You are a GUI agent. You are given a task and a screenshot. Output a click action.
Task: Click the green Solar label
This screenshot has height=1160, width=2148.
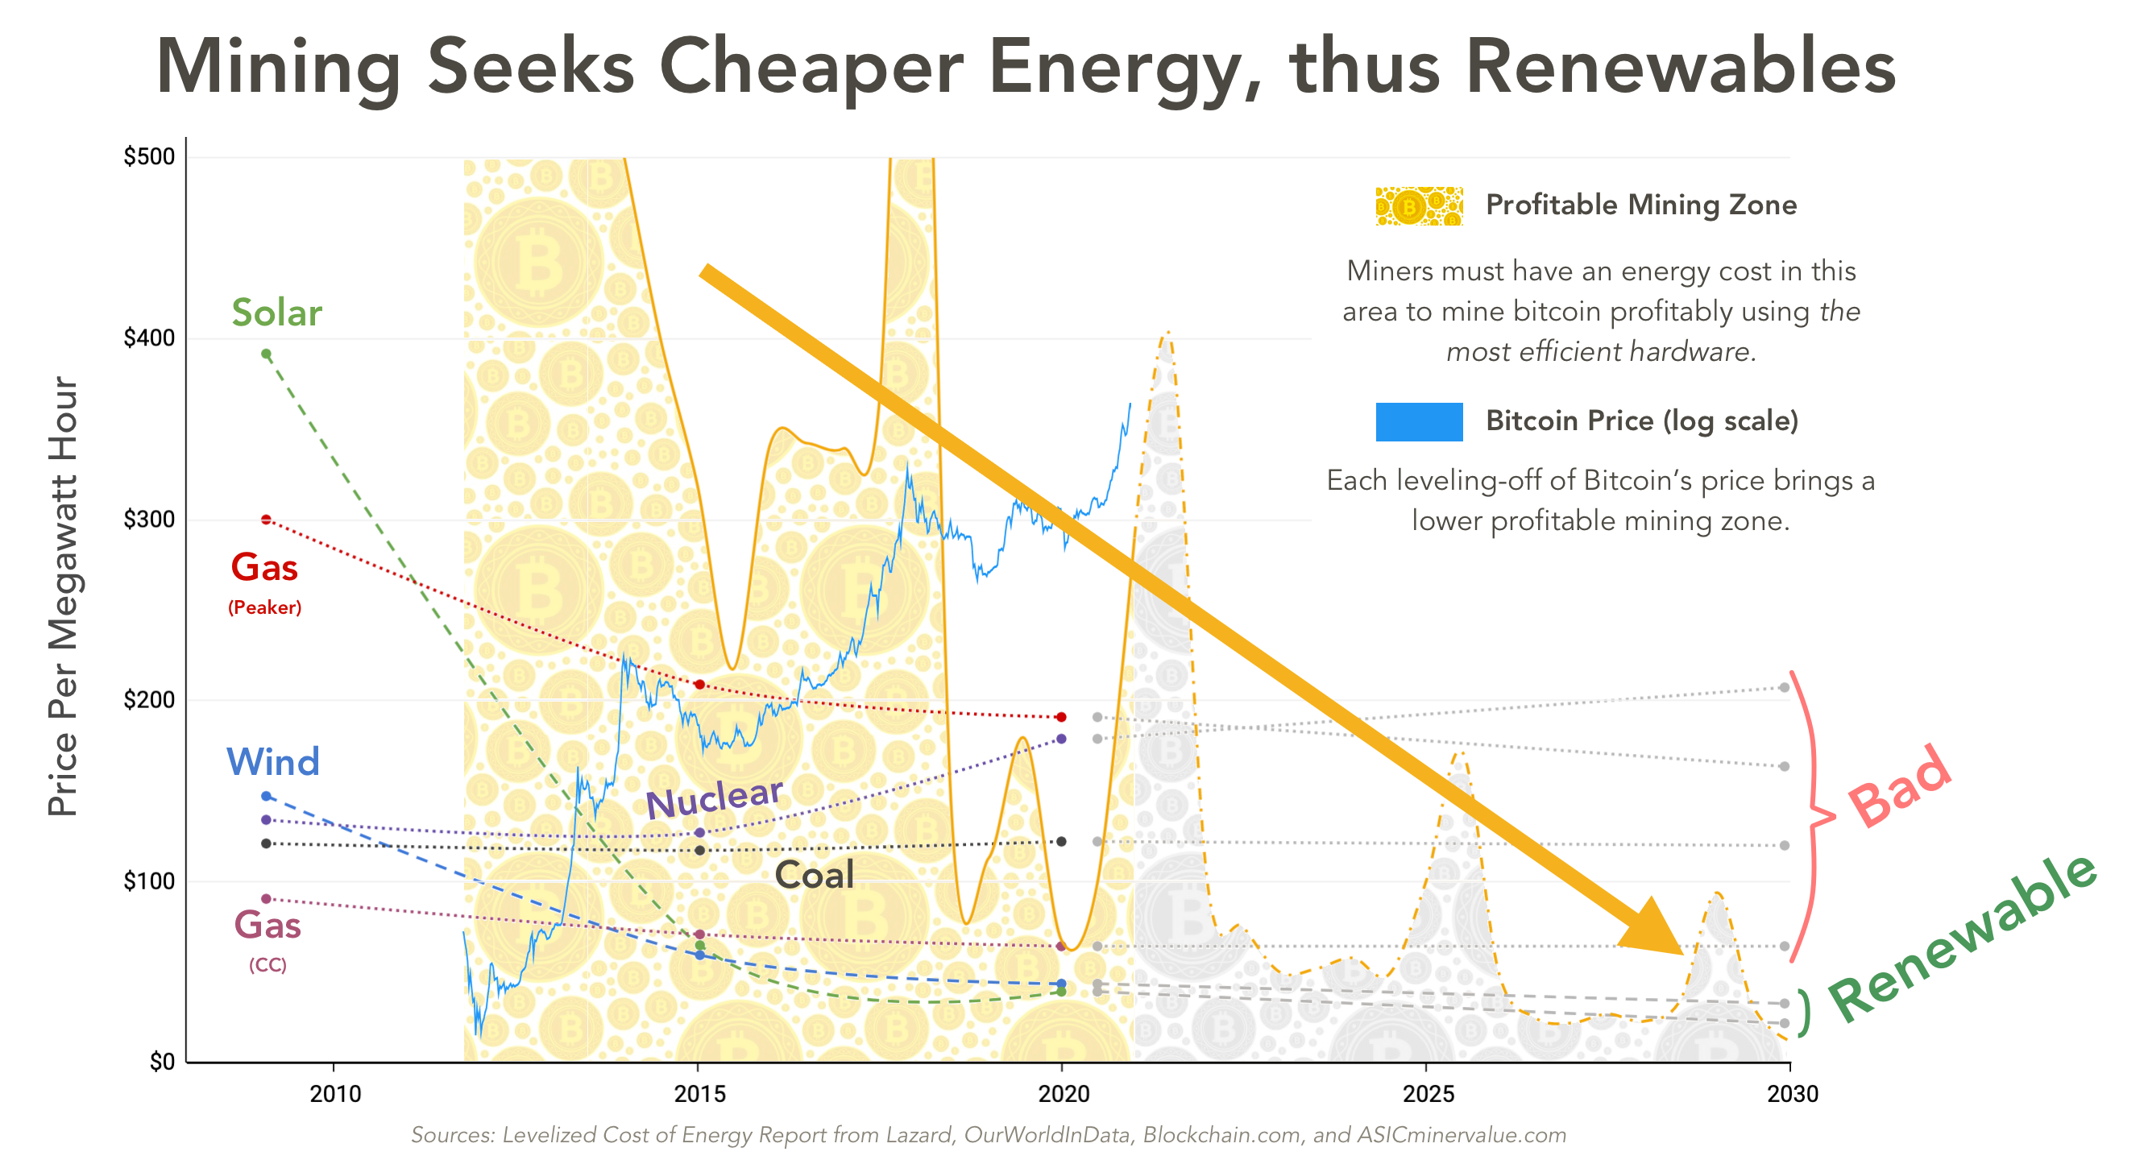(x=276, y=313)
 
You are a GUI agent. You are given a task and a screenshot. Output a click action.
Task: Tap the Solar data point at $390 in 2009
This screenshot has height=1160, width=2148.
(x=266, y=354)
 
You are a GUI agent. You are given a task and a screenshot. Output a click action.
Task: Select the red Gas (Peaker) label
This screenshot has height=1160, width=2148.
(x=264, y=569)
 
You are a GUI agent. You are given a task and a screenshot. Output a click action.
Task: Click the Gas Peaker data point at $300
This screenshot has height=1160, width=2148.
(x=266, y=520)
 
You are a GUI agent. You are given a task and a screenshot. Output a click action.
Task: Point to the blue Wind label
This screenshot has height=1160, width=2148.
(x=272, y=762)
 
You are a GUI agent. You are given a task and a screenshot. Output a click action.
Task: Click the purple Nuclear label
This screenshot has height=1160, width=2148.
(x=715, y=798)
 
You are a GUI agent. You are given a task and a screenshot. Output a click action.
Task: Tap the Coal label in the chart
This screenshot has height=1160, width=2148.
(x=814, y=875)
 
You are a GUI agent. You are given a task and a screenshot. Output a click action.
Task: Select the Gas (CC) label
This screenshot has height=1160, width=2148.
(x=267, y=926)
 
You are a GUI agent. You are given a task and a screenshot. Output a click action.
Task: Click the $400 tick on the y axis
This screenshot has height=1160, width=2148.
(x=149, y=338)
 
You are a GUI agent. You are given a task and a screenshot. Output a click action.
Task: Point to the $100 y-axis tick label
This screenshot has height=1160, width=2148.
(x=149, y=880)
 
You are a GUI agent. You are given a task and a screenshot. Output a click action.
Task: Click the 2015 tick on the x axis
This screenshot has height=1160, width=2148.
(x=699, y=1093)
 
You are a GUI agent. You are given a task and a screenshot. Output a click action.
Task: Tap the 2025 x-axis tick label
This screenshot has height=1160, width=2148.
(x=1428, y=1093)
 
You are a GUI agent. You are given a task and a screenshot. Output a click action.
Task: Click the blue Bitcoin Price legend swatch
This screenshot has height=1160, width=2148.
(x=1418, y=422)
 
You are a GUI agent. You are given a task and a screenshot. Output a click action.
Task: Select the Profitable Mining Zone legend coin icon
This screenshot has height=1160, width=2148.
(x=1418, y=206)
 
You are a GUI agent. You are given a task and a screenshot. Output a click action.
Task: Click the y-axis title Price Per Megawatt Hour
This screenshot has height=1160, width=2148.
(x=63, y=595)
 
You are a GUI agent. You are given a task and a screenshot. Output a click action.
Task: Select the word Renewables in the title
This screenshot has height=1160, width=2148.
(x=1679, y=67)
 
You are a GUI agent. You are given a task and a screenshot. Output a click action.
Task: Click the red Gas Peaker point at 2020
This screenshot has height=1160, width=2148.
(x=1060, y=717)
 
